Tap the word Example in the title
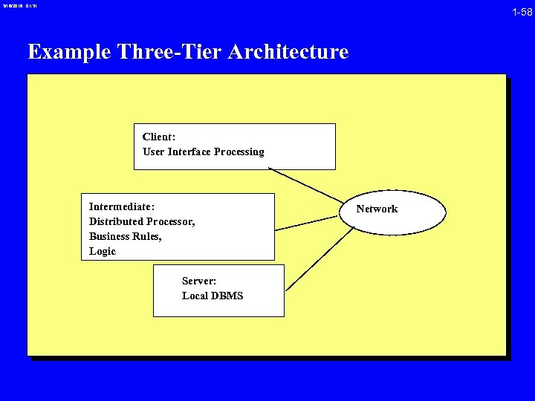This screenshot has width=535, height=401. click(x=69, y=52)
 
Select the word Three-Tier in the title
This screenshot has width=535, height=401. click(x=170, y=52)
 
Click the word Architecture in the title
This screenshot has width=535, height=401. click(x=289, y=52)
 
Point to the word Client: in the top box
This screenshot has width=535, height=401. click(x=159, y=137)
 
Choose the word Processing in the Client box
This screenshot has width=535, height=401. click(x=239, y=151)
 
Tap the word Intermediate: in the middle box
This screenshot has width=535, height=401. click(x=122, y=206)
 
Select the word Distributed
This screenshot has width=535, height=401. click(x=116, y=221)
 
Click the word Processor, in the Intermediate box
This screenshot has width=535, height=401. click(x=171, y=221)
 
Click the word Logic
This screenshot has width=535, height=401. click(x=103, y=251)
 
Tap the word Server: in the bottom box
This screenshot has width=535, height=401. click(x=199, y=281)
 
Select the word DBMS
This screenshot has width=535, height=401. click(x=228, y=296)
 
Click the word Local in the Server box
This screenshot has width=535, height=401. click(x=195, y=296)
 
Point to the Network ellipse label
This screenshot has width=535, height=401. click(x=377, y=209)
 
